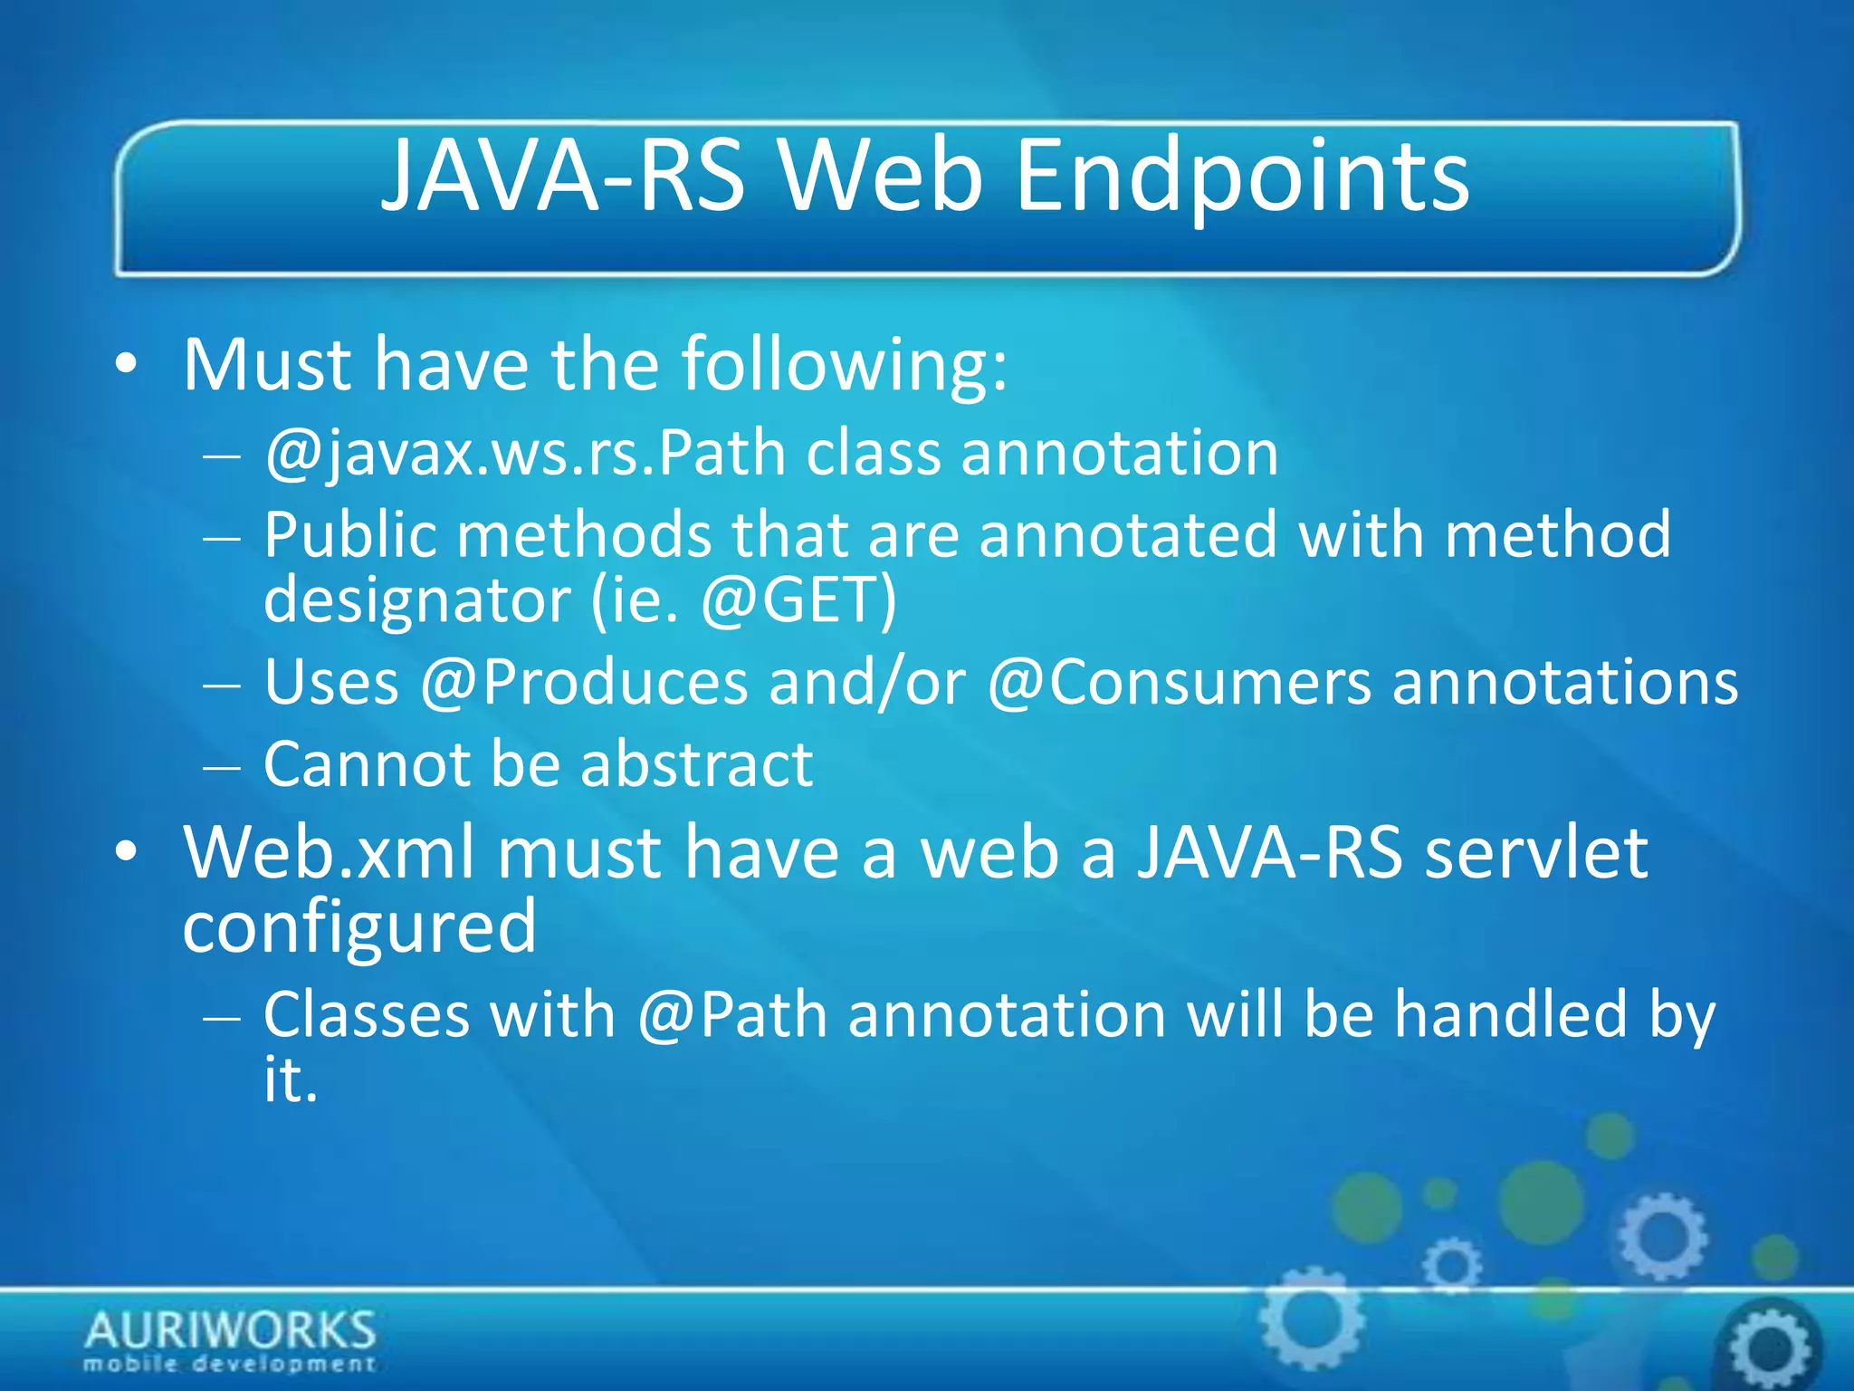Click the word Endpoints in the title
(1242, 177)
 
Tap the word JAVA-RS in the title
(563, 177)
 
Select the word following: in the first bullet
(844, 365)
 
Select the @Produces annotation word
(584, 682)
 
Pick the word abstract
(696, 764)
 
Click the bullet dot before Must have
(127, 366)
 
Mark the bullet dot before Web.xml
(127, 853)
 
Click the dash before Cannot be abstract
(222, 766)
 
